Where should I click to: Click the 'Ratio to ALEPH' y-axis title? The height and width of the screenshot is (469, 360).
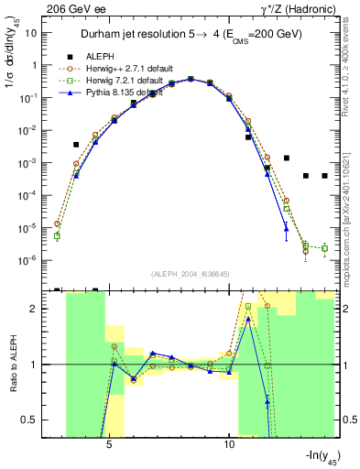point(14,365)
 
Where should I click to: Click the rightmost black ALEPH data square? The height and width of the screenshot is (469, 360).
point(324,176)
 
